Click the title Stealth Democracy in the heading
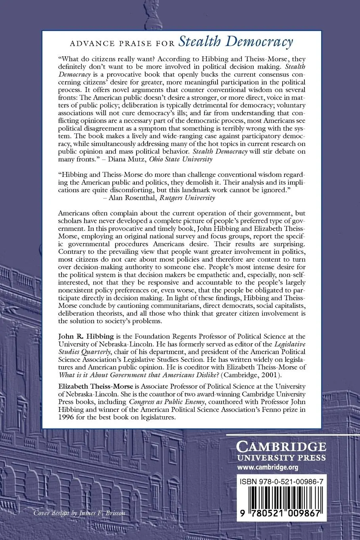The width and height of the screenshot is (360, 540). click(236, 41)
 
